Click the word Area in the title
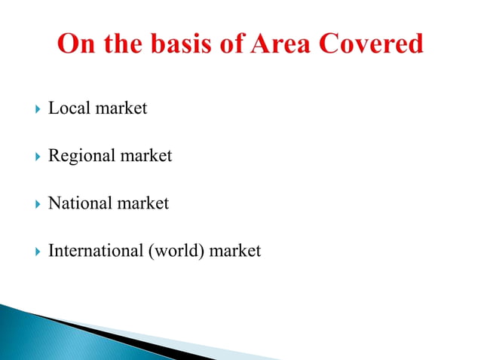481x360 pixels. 281,44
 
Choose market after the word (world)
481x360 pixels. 235,251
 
